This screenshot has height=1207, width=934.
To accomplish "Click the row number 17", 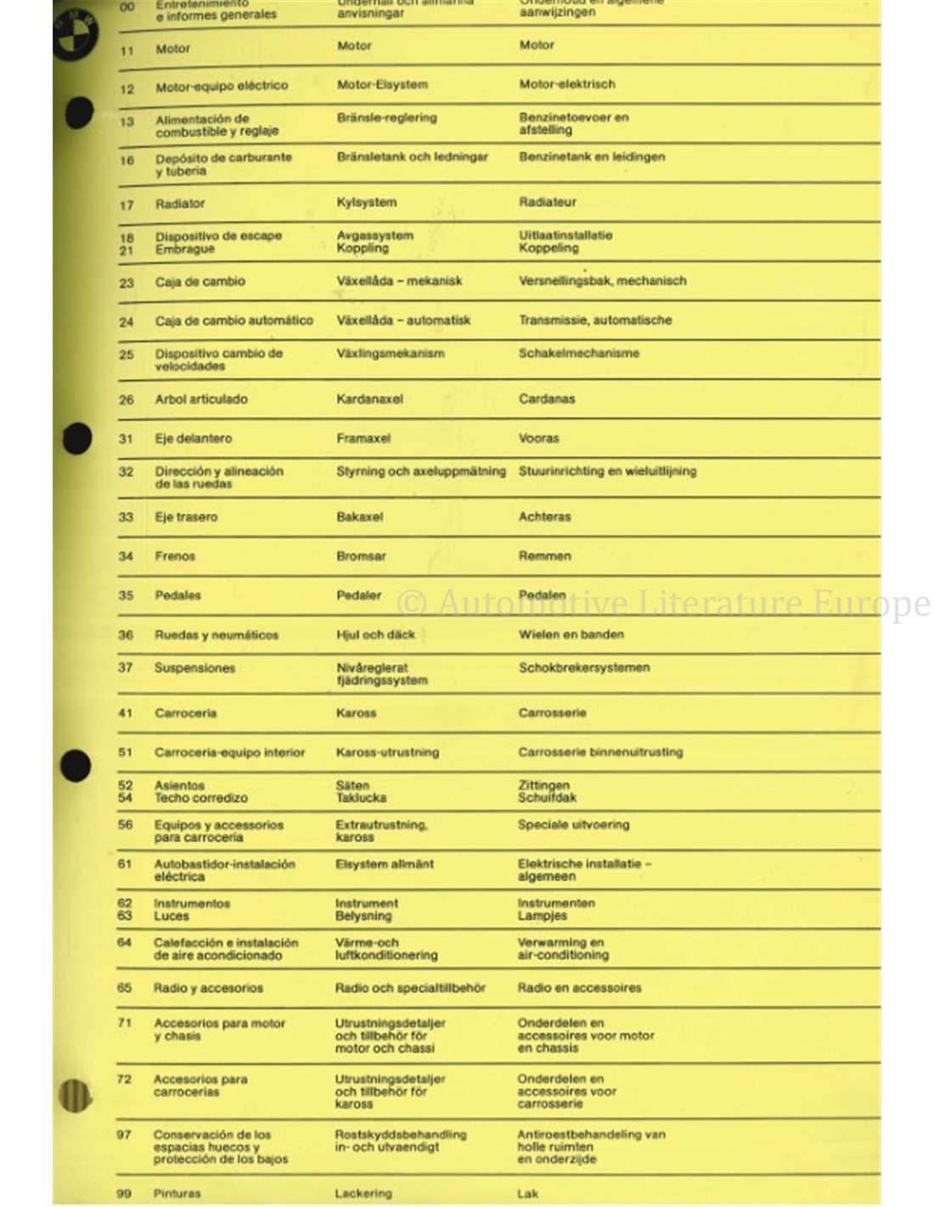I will pyautogui.click(x=127, y=205).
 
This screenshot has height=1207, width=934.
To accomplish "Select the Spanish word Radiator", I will pyautogui.click(x=180, y=204).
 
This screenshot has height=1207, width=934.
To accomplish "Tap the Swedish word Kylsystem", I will pyautogui.click(x=366, y=202).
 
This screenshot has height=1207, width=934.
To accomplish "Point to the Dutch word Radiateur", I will pyautogui.click(x=547, y=202).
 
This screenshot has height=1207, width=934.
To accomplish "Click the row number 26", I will pyautogui.click(x=126, y=399).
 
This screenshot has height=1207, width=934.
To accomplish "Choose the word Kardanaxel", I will pyautogui.click(x=369, y=399).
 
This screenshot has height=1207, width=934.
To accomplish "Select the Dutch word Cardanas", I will pyautogui.click(x=546, y=398).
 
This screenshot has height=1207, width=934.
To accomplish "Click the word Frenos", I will pyautogui.click(x=175, y=556).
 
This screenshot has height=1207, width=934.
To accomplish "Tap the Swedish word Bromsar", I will pyautogui.click(x=361, y=556).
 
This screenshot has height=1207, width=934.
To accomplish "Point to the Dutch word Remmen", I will pyautogui.click(x=544, y=556).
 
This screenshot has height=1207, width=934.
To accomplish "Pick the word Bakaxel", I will pyautogui.click(x=359, y=516).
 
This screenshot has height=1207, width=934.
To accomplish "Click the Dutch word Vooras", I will pyautogui.click(x=538, y=438).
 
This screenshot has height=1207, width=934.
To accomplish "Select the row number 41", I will pyautogui.click(x=125, y=713).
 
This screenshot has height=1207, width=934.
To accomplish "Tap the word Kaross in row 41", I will pyautogui.click(x=356, y=713).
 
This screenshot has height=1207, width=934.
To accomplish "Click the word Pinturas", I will pyautogui.click(x=177, y=1193).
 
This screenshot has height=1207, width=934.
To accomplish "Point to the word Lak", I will pyautogui.click(x=527, y=1193).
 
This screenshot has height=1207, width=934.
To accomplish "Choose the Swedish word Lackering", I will pyautogui.click(x=363, y=1193).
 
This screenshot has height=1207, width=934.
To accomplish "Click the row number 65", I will pyautogui.click(x=124, y=988).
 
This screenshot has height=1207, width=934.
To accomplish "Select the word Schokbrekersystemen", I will pyautogui.click(x=583, y=668).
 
